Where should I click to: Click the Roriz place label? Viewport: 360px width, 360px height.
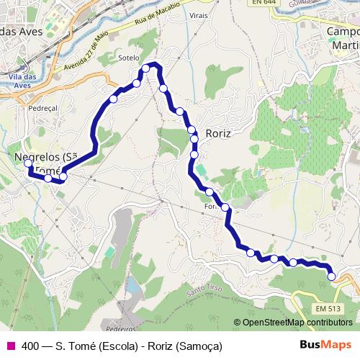(219, 132)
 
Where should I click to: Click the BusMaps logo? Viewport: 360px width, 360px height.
(325, 345)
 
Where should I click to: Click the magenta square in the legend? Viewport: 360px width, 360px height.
(10, 346)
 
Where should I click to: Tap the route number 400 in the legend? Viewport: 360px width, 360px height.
(30, 346)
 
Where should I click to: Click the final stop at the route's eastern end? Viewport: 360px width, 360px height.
(331, 276)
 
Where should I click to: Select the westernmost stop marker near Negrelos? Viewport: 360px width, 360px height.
(29, 163)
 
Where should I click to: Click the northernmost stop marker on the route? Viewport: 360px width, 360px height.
(146, 68)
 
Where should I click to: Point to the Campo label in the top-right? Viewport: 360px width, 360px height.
(343, 32)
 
